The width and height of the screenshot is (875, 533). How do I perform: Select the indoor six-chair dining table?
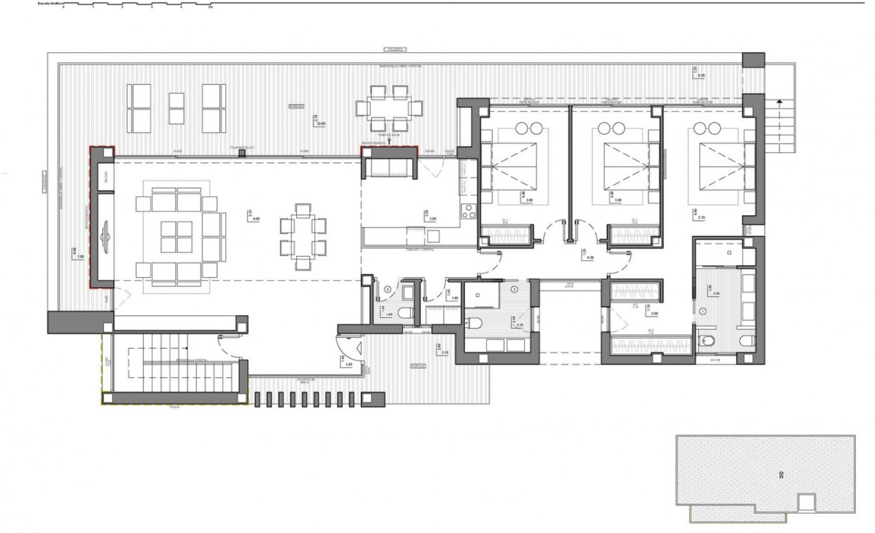pyautogui.click(x=303, y=237)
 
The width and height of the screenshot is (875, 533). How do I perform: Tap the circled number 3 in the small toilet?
pyautogui.click(x=388, y=289)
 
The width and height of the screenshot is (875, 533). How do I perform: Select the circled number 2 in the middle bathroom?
pyautogui.click(x=513, y=289)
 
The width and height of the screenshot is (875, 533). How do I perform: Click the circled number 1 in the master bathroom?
pyautogui.click(x=703, y=310)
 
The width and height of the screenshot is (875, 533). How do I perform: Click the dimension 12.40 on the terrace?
pyautogui.click(x=321, y=123)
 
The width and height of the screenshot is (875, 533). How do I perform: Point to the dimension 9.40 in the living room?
pyautogui.click(x=256, y=218)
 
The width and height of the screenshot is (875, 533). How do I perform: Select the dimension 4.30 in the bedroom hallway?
pyautogui.click(x=589, y=255)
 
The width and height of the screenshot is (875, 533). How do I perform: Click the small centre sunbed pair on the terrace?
pyautogui.click(x=176, y=108)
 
